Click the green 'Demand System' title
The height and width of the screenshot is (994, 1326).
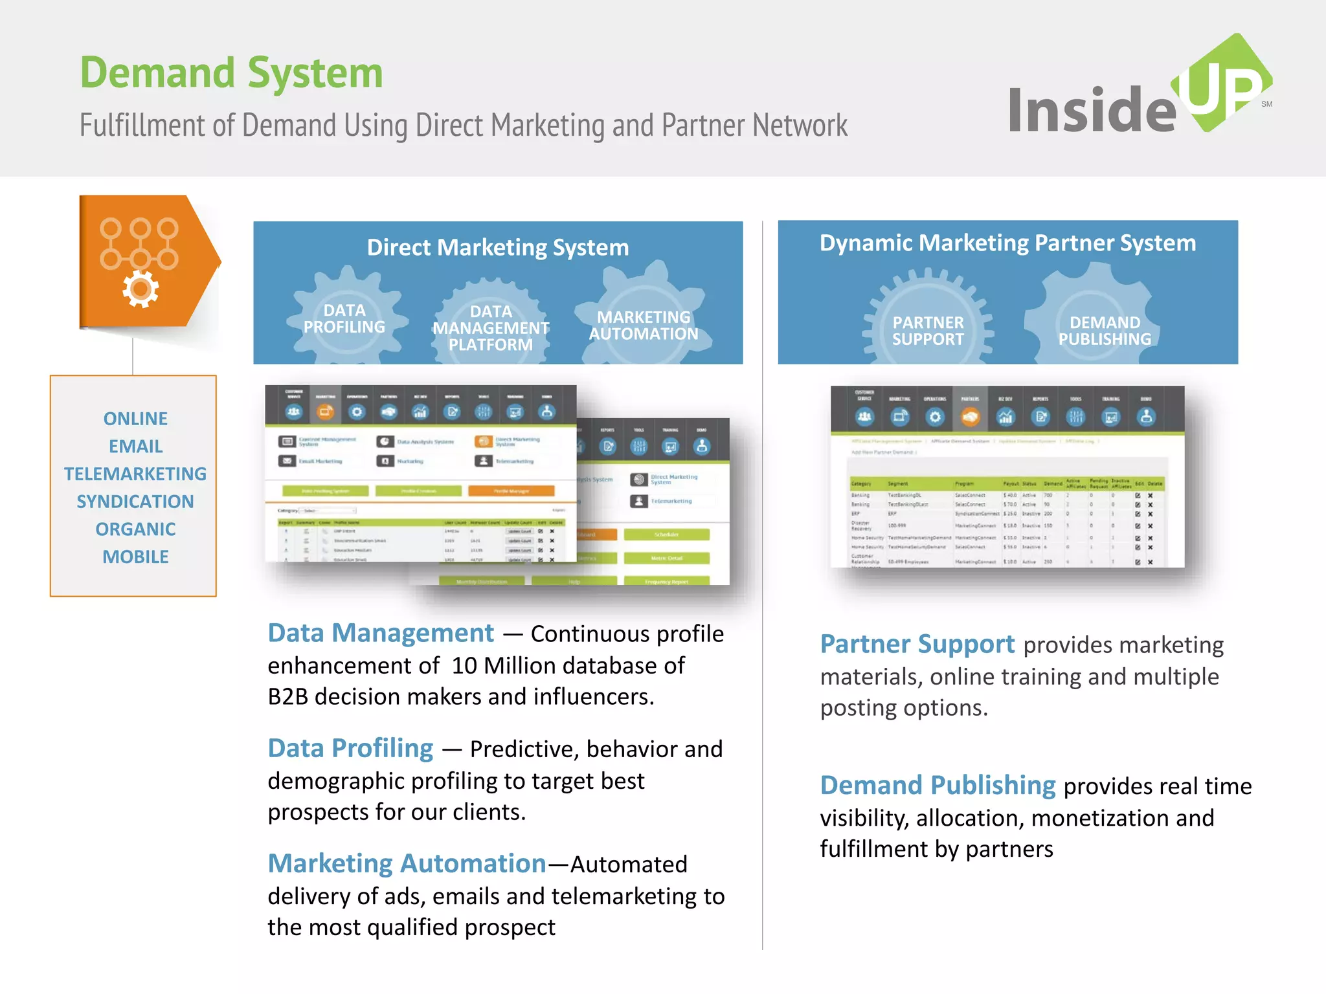[231, 72]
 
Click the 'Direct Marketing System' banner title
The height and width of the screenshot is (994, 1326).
[497, 247]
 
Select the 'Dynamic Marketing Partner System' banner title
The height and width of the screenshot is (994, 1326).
[1007, 243]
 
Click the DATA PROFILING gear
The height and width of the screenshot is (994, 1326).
[344, 318]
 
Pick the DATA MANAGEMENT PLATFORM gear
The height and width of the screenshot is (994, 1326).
[491, 327]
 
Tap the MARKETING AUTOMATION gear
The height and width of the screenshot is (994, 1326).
[644, 325]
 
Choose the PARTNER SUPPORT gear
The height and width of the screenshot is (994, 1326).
[928, 331]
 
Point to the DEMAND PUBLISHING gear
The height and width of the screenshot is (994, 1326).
[1105, 331]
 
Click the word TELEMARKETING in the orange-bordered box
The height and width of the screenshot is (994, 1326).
[135, 474]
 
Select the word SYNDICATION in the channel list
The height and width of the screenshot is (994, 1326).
[135, 502]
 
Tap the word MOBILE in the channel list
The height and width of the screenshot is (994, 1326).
[135, 557]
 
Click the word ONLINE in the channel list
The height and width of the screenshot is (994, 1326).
[135, 419]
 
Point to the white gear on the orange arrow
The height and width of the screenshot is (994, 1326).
[140, 289]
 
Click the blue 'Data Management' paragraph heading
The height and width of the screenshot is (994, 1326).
[381, 633]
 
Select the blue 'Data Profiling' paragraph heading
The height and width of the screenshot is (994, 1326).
[350, 748]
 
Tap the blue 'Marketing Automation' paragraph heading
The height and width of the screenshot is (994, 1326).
[407, 863]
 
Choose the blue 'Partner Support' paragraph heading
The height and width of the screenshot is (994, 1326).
[917, 644]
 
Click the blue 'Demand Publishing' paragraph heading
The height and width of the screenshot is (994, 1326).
[938, 785]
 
